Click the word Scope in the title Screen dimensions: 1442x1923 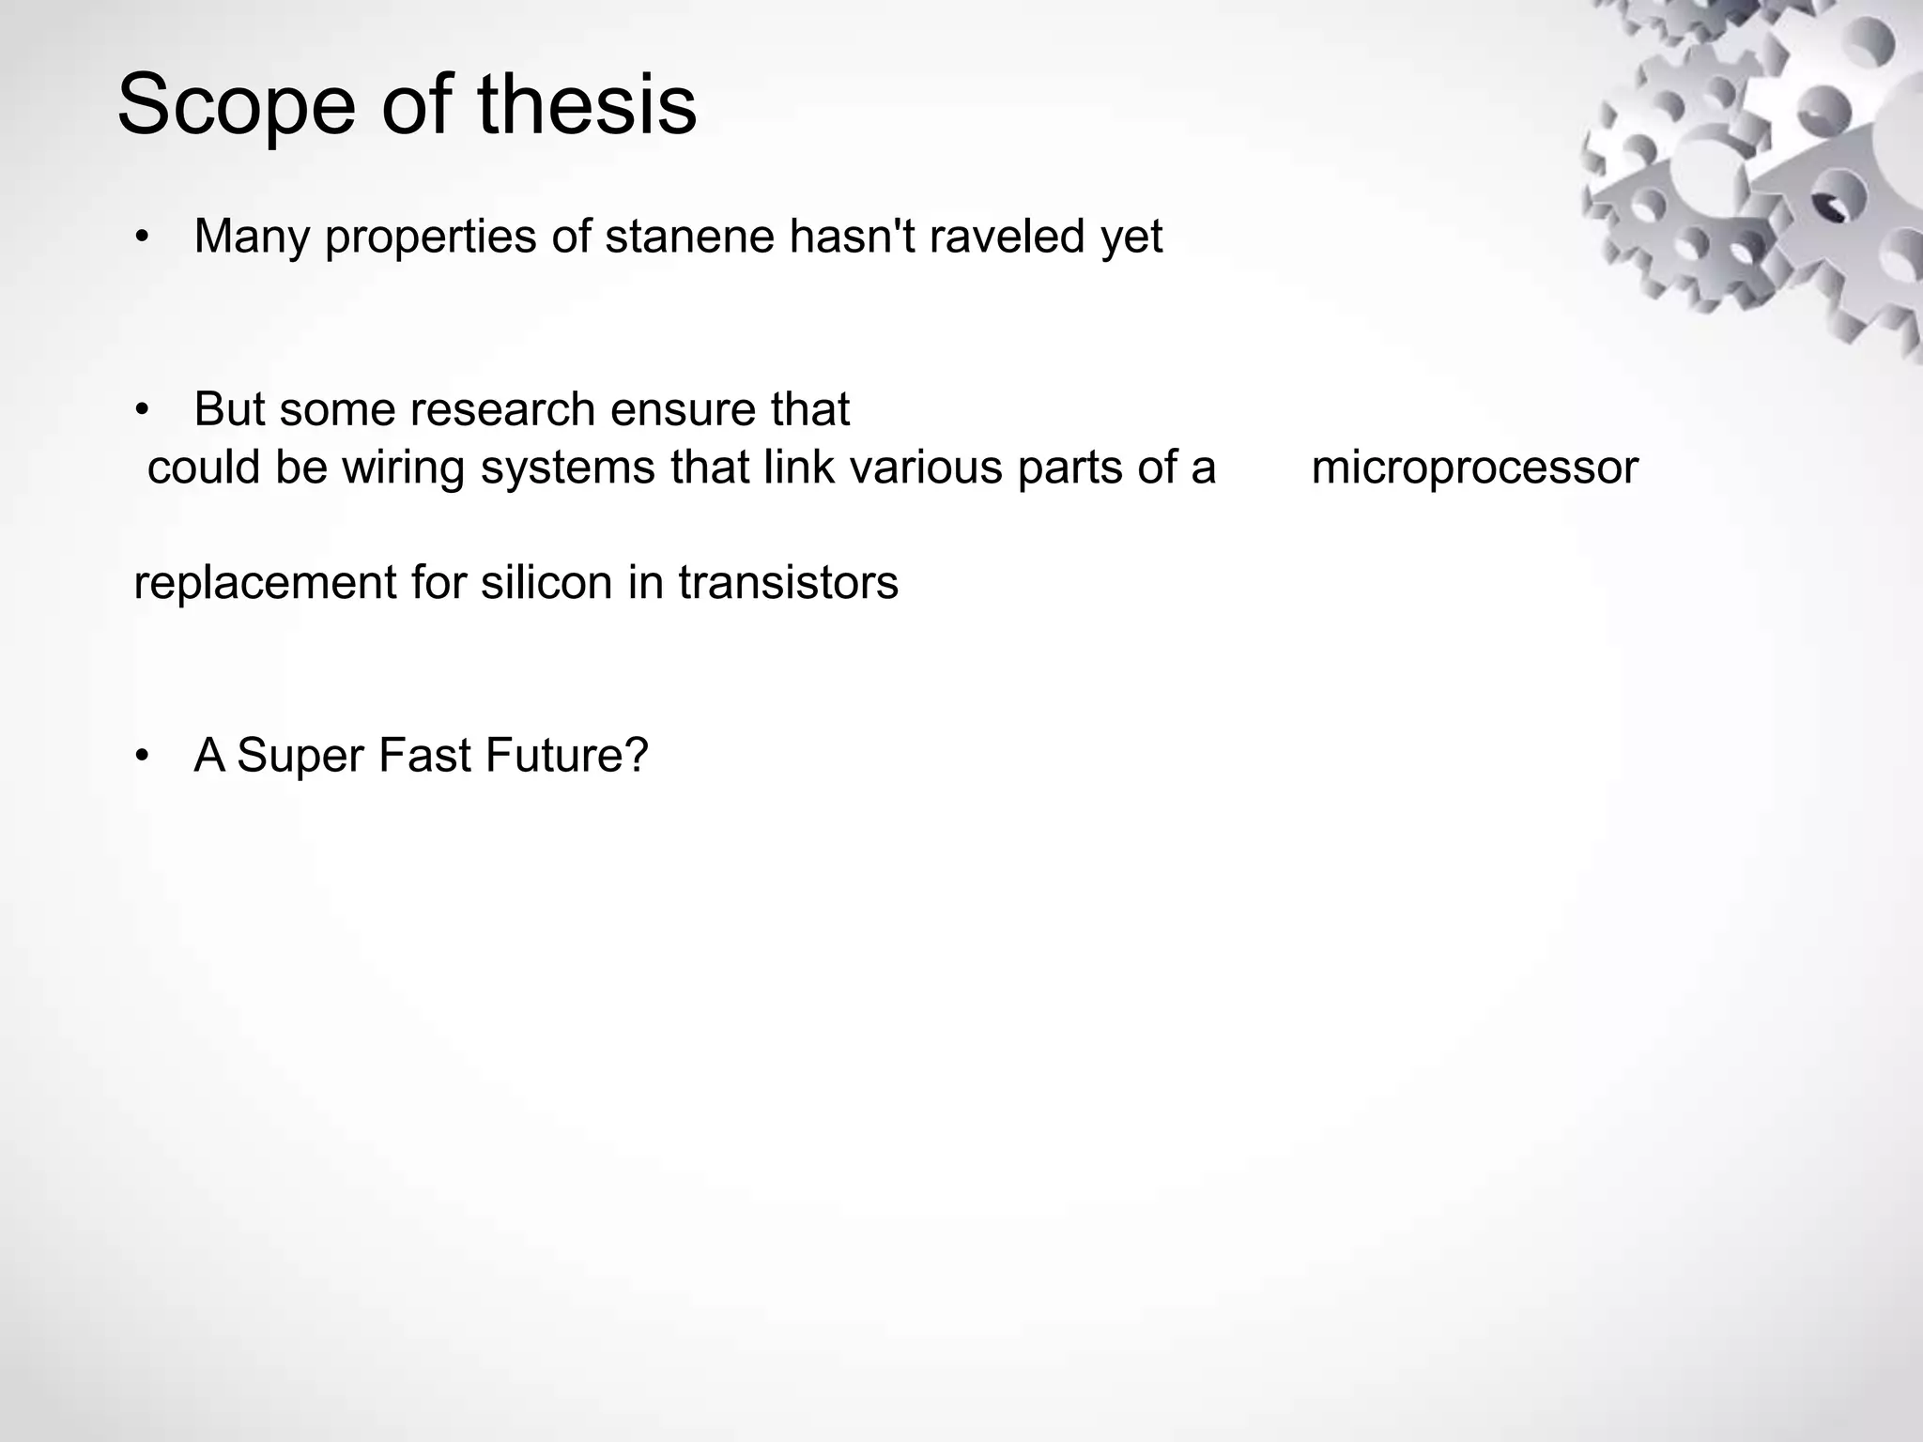[236, 105]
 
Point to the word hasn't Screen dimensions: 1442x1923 [852, 237]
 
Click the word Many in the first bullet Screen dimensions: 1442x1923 [251, 237]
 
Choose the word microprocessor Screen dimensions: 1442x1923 [1474, 468]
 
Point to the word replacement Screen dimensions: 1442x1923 [265, 583]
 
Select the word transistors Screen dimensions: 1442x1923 [788, 582]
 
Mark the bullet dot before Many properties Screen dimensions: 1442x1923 [142, 237]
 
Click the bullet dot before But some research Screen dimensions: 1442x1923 [142, 410]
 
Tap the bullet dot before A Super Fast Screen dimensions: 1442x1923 [142, 756]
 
